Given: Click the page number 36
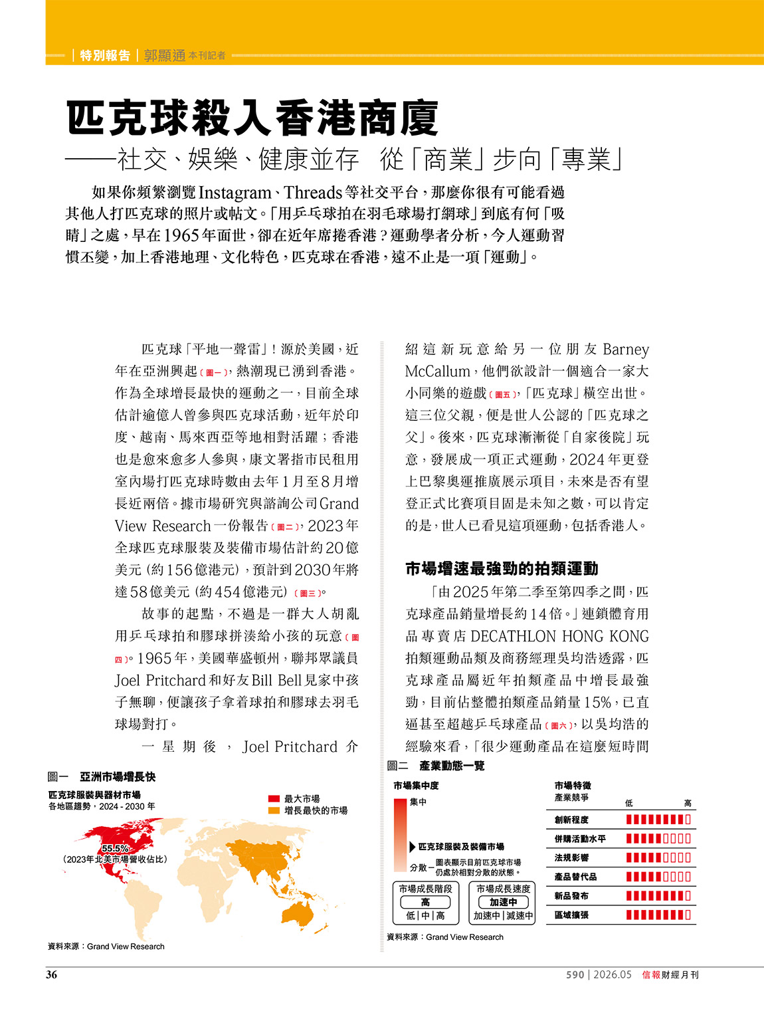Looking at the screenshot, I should tap(52, 974).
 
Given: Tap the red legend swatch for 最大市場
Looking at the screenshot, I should tap(274, 799).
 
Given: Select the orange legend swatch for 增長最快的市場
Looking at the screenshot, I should tap(274, 810).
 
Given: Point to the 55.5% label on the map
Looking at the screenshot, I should tap(115, 848).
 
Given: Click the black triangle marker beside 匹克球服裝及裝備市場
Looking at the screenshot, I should tap(413, 847).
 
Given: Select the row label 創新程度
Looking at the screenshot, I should tap(571, 820).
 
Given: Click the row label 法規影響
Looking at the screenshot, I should tap(571, 858).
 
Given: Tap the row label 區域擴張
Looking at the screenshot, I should tap(571, 915).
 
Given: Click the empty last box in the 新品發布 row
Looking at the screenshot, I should tap(688, 896).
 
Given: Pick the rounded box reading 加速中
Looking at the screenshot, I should tap(503, 902).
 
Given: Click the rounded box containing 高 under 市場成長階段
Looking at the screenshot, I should tap(425, 902).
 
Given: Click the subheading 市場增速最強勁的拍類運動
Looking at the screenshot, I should tap(502, 568).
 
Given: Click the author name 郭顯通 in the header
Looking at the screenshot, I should tap(165, 56).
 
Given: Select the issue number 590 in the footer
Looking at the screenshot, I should tap(575, 975).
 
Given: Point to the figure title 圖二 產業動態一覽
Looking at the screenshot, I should tap(436, 766).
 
